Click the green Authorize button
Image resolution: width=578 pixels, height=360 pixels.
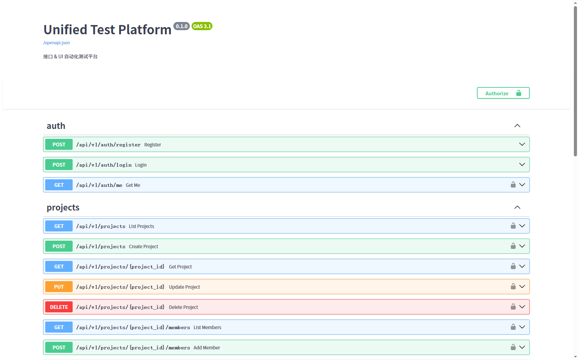tap(503, 93)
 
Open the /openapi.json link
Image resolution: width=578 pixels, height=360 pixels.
tap(57, 43)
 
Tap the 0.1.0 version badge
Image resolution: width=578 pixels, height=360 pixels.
tap(181, 26)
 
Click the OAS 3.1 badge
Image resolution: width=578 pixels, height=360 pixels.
tap(202, 26)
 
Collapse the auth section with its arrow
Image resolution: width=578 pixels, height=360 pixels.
tap(517, 126)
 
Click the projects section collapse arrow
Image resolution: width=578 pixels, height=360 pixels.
tap(517, 207)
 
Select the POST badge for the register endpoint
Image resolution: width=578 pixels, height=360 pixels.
tap(59, 144)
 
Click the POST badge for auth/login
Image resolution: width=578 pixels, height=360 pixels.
tap(59, 165)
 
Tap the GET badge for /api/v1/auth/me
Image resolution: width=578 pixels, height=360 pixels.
tap(59, 185)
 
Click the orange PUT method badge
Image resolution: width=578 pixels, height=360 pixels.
tap(59, 287)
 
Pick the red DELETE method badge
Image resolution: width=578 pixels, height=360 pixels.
tap(59, 307)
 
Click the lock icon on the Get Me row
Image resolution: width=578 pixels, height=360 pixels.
tap(513, 184)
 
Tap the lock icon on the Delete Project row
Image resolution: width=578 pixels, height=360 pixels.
tap(513, 307)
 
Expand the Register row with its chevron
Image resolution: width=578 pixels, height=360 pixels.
tap(522, 144)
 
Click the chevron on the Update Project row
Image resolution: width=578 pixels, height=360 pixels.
tap(522, 286)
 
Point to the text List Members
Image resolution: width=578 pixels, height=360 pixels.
tap(207, 327)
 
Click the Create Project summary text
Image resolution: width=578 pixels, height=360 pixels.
tap(143, 247)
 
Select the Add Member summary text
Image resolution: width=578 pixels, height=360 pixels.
tap(207, 348)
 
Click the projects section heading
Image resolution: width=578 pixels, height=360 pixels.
tap(63, 207)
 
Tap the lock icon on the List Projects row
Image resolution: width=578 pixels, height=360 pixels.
tap(513, 226)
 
